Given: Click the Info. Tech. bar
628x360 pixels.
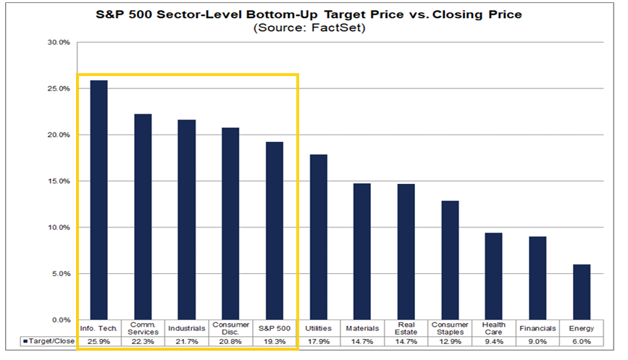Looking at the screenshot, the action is point(99,200).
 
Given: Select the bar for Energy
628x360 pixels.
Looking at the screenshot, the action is point(582,292).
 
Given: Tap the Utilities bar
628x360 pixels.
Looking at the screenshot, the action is point(319,237).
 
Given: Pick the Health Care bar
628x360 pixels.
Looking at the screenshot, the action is point(493,276).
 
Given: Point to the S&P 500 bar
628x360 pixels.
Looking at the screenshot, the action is point(275,230).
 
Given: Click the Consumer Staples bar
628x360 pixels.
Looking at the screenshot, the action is point(450,260).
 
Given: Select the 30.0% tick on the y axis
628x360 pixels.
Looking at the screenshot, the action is point(59,43).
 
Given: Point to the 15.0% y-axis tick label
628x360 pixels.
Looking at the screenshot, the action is point(59,181).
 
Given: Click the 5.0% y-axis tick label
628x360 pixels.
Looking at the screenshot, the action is point(60,274).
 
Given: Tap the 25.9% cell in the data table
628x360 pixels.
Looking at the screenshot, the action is point(99,342).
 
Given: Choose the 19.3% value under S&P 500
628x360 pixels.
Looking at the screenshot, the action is point(275,342).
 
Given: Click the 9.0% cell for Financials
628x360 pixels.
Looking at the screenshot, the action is point(537,342).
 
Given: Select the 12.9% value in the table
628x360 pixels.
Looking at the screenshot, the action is point(450,342).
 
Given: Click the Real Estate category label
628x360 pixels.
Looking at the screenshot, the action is point(406,328).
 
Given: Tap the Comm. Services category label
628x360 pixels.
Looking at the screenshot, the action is point(143,328).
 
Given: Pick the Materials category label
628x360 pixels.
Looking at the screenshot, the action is point(362,328).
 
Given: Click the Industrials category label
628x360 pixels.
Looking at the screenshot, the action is point(187,328).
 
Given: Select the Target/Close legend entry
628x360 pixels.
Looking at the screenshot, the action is point(49,340).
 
